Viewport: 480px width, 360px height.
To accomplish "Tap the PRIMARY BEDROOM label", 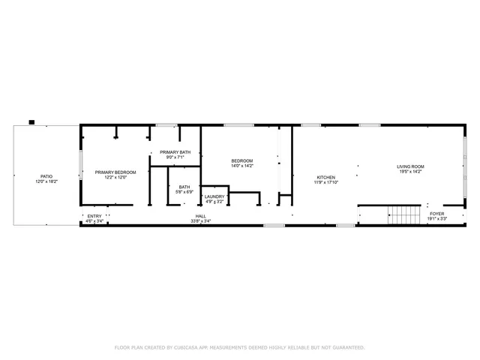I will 115,172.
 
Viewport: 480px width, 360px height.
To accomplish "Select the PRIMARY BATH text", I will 175,152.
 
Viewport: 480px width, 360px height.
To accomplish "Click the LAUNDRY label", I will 214,196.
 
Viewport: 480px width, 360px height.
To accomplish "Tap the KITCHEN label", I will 325,177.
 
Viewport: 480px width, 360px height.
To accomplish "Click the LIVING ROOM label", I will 410,166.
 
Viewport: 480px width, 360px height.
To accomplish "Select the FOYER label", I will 436,214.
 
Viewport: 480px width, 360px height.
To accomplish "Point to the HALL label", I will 201,216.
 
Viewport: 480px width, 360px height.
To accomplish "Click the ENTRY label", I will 94,216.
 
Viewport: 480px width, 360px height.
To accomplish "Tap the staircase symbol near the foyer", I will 404,217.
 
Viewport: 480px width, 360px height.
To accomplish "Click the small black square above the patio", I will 31,121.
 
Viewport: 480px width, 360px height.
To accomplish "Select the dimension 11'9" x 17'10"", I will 325,182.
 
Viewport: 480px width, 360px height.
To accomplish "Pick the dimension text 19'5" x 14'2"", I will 410,172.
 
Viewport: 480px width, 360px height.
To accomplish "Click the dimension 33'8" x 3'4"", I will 201,221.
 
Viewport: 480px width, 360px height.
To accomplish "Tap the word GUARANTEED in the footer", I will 347,347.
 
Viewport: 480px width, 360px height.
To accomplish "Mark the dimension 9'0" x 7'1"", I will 175,157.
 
